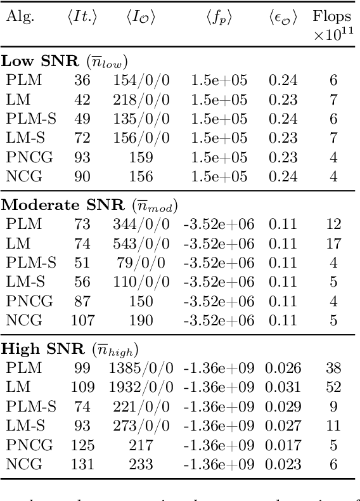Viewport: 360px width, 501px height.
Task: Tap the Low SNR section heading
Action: click(x=65, y=62)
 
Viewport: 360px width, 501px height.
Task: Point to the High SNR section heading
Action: click(x=70, y=348)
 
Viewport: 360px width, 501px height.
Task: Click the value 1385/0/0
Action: click(x=141, y=367)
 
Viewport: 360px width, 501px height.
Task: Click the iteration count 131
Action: click(x=82, y=464)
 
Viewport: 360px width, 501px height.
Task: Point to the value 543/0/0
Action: click(x=141, y=244)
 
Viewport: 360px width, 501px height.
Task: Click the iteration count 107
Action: click(x=82, y=320)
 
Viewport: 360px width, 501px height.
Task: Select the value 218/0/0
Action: click(x=141, y=100)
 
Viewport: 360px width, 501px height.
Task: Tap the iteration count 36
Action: click(x=82, y=81)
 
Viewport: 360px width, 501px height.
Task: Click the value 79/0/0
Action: click(x=141, y=263)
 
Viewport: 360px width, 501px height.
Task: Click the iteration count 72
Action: click(x=82, y=138)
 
